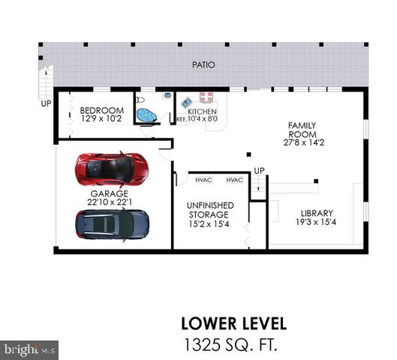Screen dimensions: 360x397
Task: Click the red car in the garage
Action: coord(112,169)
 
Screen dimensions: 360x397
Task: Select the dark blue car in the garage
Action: coord(112,223)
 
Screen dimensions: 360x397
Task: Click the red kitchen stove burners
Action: coord(206,97)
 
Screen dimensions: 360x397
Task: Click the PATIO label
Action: coord(203,65)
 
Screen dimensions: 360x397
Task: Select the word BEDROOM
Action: coord(101,110)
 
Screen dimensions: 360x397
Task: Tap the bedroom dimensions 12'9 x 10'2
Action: coord(101,118)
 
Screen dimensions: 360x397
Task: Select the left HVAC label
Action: coord(203,180)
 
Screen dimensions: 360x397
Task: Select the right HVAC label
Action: coord(234,180)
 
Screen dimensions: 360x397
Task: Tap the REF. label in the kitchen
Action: coord(181,119)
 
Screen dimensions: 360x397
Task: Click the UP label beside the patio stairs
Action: coord(46,103)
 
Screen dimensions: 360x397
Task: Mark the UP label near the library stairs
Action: coord(259,170)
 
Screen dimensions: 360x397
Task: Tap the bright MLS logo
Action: coord(30,349)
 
